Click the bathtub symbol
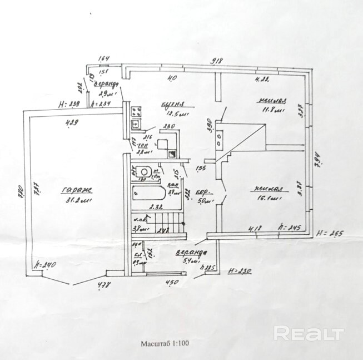click(148, 195)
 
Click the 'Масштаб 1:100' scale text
click(165, 343)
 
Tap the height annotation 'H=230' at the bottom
click(240, 272)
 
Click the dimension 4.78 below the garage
click(103, 285)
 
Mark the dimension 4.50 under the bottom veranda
click(173, 283)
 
